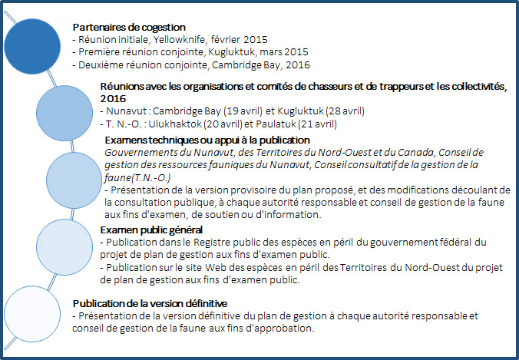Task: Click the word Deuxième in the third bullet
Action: (x=98, y=65)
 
